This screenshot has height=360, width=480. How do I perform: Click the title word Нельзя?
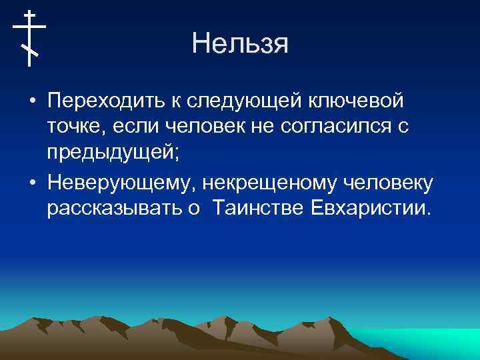click(x=239, y=44)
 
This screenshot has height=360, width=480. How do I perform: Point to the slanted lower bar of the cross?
click(x=29, y=49)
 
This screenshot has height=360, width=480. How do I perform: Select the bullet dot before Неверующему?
click(x=32, y=183)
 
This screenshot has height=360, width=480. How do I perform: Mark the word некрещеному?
click(x=266, y=183)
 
